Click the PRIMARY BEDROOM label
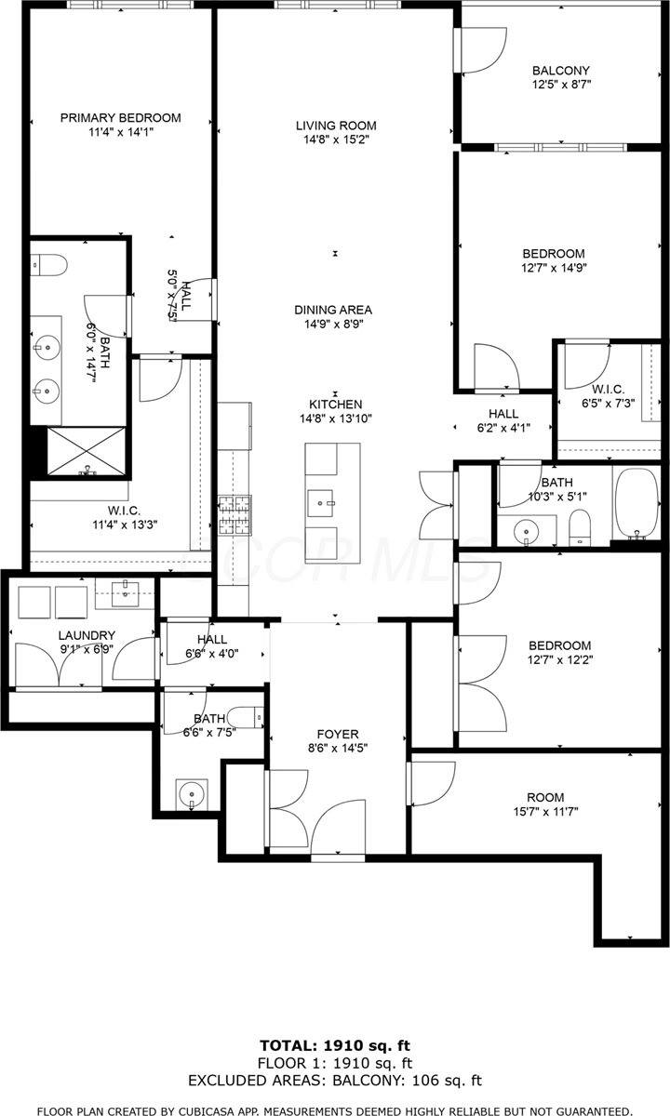tap(120, 118)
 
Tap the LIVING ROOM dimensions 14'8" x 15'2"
tap(336, 140)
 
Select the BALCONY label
tap(561, 71)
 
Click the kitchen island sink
tap(325, 502)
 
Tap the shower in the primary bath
tap(87, 451)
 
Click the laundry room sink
tap(125, 591)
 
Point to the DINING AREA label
tap(333, 310)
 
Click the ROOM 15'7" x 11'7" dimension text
tap(545, 812)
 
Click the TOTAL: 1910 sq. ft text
tap(335, 1045)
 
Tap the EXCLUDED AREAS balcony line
tap(335, 1081)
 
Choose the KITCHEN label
tap(336, 405)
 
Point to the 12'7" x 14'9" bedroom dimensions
tap(553, 268)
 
